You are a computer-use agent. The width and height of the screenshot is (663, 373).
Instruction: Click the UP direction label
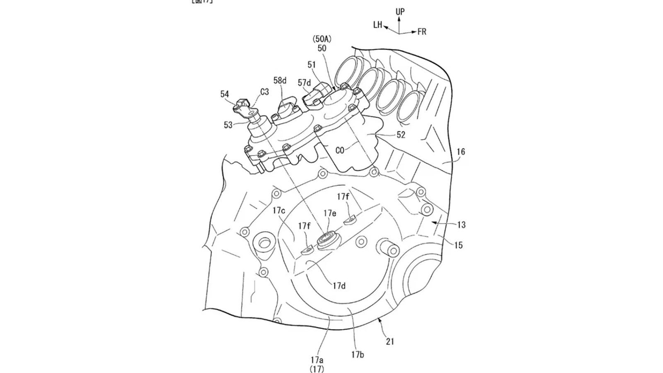click(x=400, y=12)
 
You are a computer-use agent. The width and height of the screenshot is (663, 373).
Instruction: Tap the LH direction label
click(x=377, y=25)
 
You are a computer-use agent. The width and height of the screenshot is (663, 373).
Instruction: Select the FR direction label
click(x=422, y=32)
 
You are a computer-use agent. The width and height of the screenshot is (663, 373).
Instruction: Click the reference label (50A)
click(x=322, y=39)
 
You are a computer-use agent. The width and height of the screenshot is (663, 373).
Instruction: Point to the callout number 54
click(x=225, y=94)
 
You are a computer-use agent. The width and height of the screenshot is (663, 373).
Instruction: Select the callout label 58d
click(x=280, y=80)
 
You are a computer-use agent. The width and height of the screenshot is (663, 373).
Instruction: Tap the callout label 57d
click(x=304, y=83)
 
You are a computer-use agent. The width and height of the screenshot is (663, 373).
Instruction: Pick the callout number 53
click(x=228, y=125)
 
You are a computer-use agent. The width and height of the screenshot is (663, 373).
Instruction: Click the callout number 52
click(x=401, y=135)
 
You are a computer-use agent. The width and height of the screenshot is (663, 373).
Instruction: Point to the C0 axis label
click(x=340, y=150)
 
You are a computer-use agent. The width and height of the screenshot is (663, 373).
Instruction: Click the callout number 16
click(x=461, y=152)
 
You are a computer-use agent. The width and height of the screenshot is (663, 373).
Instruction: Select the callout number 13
click(x=461, y=225)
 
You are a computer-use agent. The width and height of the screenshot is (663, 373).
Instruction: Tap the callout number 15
click(x=458, y=245)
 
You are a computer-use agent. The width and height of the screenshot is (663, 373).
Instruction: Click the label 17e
click(x=330, y=213)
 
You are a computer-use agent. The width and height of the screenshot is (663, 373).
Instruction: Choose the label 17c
click(x=279, y=211)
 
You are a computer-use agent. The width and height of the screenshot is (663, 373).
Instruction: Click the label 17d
click(x=339, y=286)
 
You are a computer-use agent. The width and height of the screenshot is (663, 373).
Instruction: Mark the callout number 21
click(x=390, y=342)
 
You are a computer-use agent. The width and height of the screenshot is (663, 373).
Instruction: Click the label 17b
click(x=357, y=355)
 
